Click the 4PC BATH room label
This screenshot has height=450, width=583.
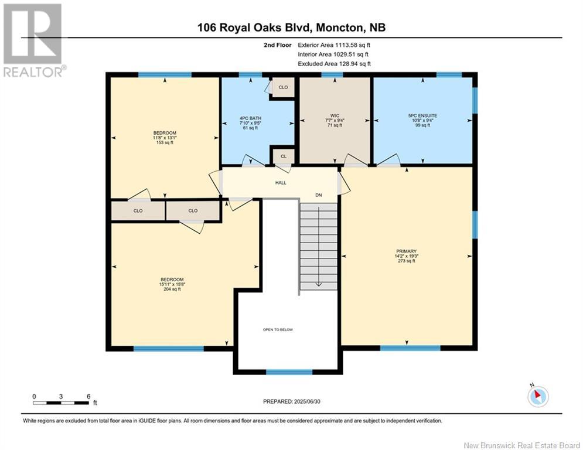[250, 118]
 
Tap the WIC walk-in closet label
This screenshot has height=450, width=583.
[335, 115]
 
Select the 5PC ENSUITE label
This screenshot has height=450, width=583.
[423, 115]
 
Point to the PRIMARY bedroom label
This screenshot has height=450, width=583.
[407, 251]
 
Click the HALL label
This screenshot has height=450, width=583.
[281, 183]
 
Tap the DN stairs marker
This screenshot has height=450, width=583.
[319, 195]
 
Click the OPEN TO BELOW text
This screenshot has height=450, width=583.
[278, 329]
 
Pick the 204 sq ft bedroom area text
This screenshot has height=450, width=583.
[172, 289]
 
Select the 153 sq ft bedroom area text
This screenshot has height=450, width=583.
[165, 142]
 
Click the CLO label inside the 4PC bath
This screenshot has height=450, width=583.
[284, 87]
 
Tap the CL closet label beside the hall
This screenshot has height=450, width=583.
[284, 156]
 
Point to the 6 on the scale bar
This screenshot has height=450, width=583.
[88, 397]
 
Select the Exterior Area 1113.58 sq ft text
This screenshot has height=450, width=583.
[334, 45]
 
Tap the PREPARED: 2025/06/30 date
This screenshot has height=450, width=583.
[292, 401]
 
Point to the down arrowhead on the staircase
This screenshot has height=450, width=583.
[319, 285]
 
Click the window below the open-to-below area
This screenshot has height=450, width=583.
[289, 371]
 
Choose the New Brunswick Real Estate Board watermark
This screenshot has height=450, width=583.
[521, 445]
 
